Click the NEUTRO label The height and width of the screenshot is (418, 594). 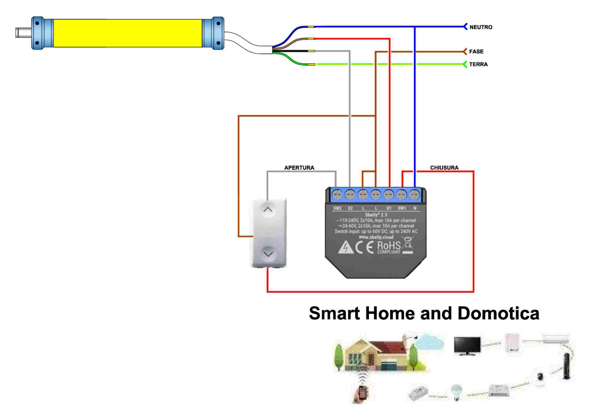pos(481,27)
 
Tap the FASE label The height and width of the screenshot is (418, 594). pos(476,52)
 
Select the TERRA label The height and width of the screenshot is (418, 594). pos(478,64)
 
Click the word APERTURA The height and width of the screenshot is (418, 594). pos(299,168)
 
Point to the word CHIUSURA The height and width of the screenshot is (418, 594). pos(444,168)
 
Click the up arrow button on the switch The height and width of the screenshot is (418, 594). pos(268,209)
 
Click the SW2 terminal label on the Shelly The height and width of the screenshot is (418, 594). pos(337,208)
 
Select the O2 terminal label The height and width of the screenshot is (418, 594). pos(350,208)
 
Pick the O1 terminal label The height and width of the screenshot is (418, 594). pos(389,208)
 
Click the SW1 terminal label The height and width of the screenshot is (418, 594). pos(402,208)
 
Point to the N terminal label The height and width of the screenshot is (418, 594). pos(415,208)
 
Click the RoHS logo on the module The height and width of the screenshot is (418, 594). pos(389,247)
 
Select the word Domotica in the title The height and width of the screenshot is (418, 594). pos(498,313)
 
